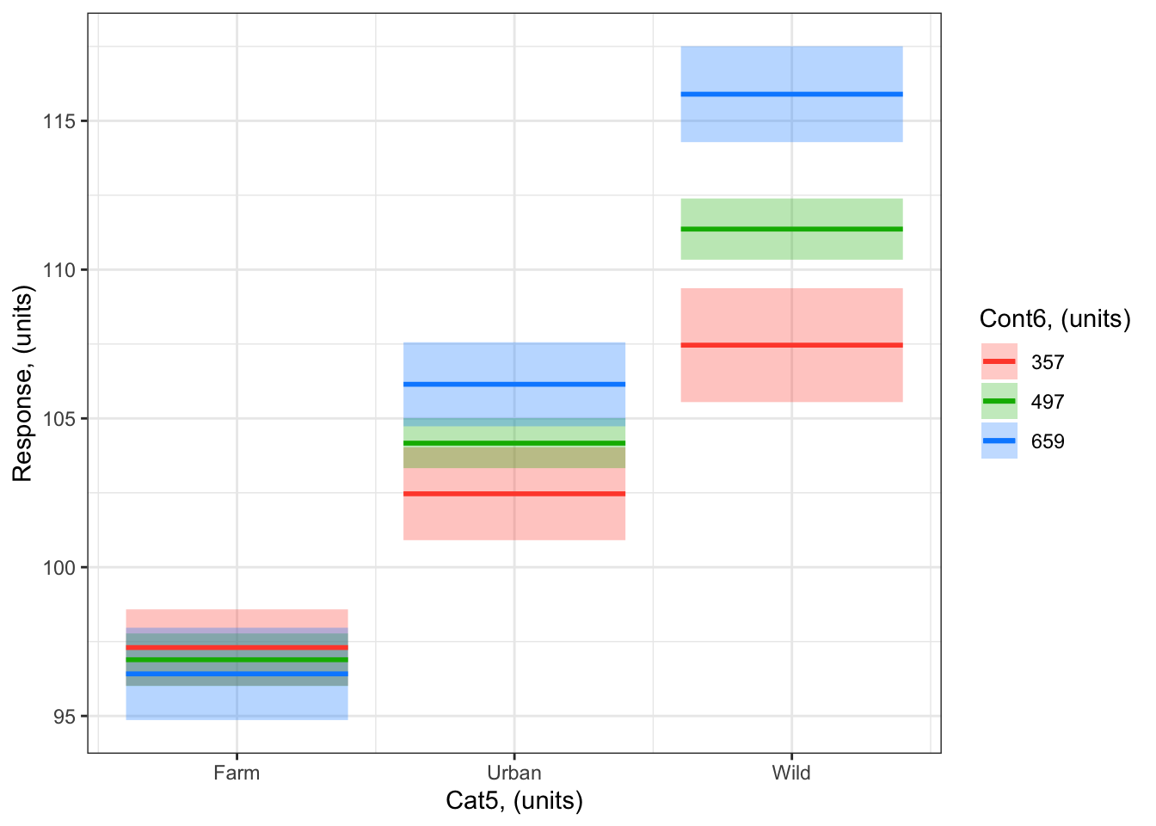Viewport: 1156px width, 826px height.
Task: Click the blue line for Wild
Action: [791, 94]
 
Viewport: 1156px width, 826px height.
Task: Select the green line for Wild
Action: [791, 229]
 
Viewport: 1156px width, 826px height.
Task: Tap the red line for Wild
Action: [791, 345]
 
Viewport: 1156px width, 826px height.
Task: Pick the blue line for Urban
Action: [514, 384]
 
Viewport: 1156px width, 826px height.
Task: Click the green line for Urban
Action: [514, 443]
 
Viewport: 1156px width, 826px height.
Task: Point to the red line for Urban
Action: [514, 494]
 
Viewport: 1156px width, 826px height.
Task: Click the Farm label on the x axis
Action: [237, 773]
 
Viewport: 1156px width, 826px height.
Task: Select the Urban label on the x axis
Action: [514, 773]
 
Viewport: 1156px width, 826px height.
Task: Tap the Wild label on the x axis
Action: [791, 773]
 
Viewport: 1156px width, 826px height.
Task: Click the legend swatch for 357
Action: [999, 362]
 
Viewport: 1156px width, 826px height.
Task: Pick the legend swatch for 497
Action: [999, 402]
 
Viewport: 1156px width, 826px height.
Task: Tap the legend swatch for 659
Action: [999, 441]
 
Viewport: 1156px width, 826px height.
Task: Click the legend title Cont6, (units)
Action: [1055, 319]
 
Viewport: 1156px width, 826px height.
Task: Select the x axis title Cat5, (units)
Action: [514, 801]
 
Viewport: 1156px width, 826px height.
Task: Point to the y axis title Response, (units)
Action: [22, 385]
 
